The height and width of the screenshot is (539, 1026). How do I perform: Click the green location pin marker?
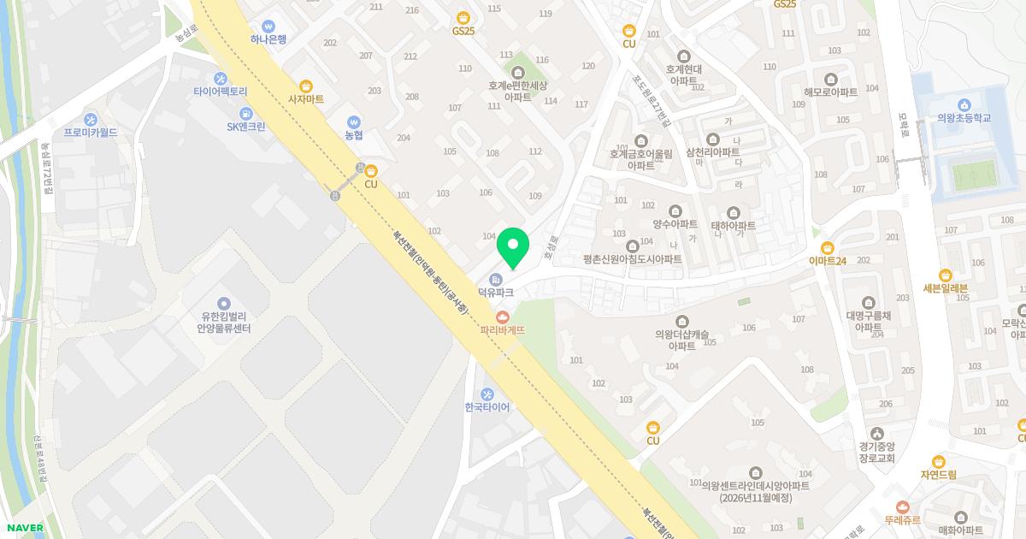pos(513,247)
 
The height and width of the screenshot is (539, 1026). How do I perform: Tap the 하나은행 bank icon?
pos(268,26)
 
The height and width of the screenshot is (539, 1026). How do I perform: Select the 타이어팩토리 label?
pos(220,92)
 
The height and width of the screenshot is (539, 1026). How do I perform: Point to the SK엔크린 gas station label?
pos(246,127)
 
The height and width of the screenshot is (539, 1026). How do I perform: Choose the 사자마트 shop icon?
pos(306,86)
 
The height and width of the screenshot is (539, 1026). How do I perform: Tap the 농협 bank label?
pos(354,135)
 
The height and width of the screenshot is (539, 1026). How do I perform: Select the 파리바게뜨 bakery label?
pos(502,329)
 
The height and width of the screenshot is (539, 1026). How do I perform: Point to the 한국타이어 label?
pos(486,407)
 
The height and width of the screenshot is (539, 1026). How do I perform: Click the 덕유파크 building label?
pos(495,293)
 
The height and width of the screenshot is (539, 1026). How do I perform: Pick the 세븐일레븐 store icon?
pos(946,275)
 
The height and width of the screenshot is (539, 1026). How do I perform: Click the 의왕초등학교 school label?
pos(964,118)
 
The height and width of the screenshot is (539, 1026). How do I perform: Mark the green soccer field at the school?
pos(976,176)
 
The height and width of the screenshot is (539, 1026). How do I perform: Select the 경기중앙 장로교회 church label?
pos(877,452)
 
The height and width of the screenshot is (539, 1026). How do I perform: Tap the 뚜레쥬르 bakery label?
pos(901,518)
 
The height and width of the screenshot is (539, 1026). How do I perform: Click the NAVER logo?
pos(23,528)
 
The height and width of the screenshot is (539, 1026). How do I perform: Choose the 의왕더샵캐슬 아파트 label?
pos(681,340)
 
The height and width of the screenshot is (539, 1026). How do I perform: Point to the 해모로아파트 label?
pos(830,92)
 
